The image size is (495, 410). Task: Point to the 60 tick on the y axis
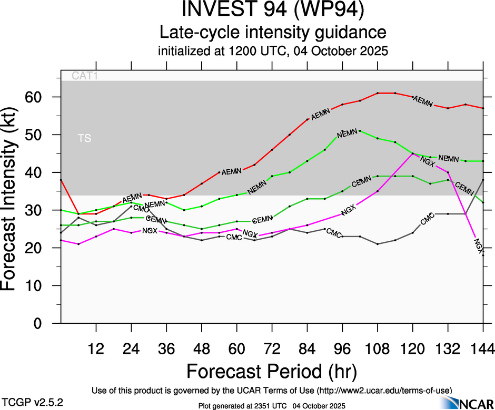(42, 97)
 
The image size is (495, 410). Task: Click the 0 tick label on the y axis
(42, 323)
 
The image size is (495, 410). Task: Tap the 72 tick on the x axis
(272, 348)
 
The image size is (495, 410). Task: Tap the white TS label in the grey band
(84, 138)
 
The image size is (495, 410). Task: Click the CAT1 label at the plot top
(85, 76)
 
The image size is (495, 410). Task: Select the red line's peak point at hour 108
(378, 93)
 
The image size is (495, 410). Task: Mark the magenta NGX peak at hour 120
(412, 153)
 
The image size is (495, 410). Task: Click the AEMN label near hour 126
(423, 100)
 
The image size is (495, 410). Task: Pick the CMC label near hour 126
(427, 217)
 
